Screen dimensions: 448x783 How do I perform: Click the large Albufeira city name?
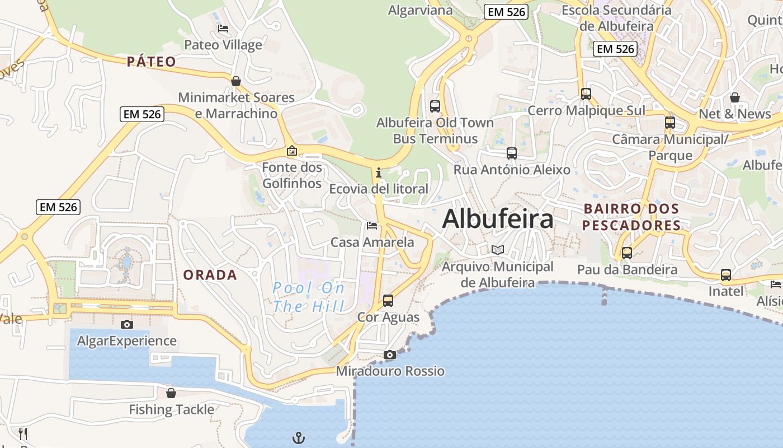pyautogui.click(x=498, y=219)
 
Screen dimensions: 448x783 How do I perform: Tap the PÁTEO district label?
pyautogui.click(x=152, y=62)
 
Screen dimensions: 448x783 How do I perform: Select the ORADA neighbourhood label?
pyautogui.click(x=210, y=275)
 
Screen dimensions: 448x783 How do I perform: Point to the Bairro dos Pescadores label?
pyautogui.click(x=631, y=217)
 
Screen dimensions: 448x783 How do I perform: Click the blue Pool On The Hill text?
pyautogui.click(x=309, y=297)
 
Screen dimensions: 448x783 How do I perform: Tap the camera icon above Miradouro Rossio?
pyautogui.click(x=390, y=354)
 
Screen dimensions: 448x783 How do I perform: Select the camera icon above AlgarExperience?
pyautogui.click(x=127, y=324)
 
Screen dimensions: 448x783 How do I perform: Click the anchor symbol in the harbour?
pyautogui.click(x=299, y=437)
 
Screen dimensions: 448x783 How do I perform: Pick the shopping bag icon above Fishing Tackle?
pyautogui.click(x=171, y=393)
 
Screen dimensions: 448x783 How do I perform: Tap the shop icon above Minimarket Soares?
pyautogui.click(x=236, y=81)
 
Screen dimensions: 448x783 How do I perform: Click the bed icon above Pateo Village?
pyautogui.click(x=223, y=29)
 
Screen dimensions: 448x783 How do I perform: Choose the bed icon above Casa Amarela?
pyautogui.click(x=372, y=226)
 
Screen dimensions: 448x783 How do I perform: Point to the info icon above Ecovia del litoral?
pyautogui.click(x=379, y=172)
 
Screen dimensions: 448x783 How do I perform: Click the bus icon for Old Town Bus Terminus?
pyautogui.click(x=435, y=106)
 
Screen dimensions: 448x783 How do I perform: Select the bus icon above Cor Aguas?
pyautogui.click(x=388, y=301)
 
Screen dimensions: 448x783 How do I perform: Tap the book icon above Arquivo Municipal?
pyautogui.click(x=497, y=250)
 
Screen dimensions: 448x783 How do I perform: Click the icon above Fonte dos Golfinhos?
pyautogui.click(x=291, y=151)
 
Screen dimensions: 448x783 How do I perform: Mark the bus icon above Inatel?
pyautogui.click(x=726, y=275)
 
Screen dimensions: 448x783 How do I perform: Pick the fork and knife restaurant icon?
pyautogui.click(x=23, y=433)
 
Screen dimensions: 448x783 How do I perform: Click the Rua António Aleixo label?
pyautogui.click(x=512, y=170)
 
